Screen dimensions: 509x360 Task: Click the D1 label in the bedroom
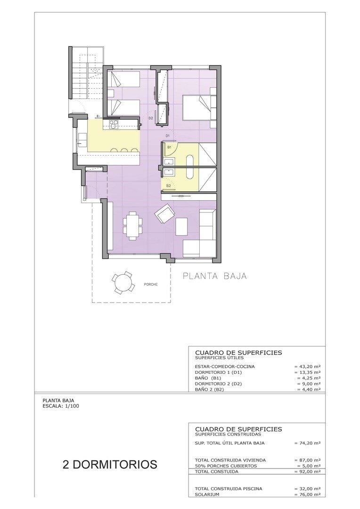(167, 136)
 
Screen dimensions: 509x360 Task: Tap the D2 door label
(151, 118)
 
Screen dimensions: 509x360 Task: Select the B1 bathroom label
(169, 147)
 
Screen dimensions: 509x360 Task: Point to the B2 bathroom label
(168, 186)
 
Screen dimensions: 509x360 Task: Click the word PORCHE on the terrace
(151, 284)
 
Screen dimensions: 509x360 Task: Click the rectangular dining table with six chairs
(132, 226)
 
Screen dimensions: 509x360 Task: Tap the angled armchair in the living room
(165, 214)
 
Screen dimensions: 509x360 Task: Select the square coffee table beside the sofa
(181, 226)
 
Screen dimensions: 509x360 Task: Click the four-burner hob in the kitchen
(114, 124)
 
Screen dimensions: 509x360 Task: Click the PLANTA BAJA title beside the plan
(214, 276)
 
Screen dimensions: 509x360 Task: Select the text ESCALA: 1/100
(61, 405)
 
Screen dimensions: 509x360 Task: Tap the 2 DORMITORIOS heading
(110, 464)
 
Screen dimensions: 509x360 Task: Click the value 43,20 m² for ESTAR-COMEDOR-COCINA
(307, 366)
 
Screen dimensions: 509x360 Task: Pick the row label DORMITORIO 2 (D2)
(218, 384)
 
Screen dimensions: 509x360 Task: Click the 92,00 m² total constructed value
(307, 471)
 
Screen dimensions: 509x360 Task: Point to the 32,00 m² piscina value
(307, 489)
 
